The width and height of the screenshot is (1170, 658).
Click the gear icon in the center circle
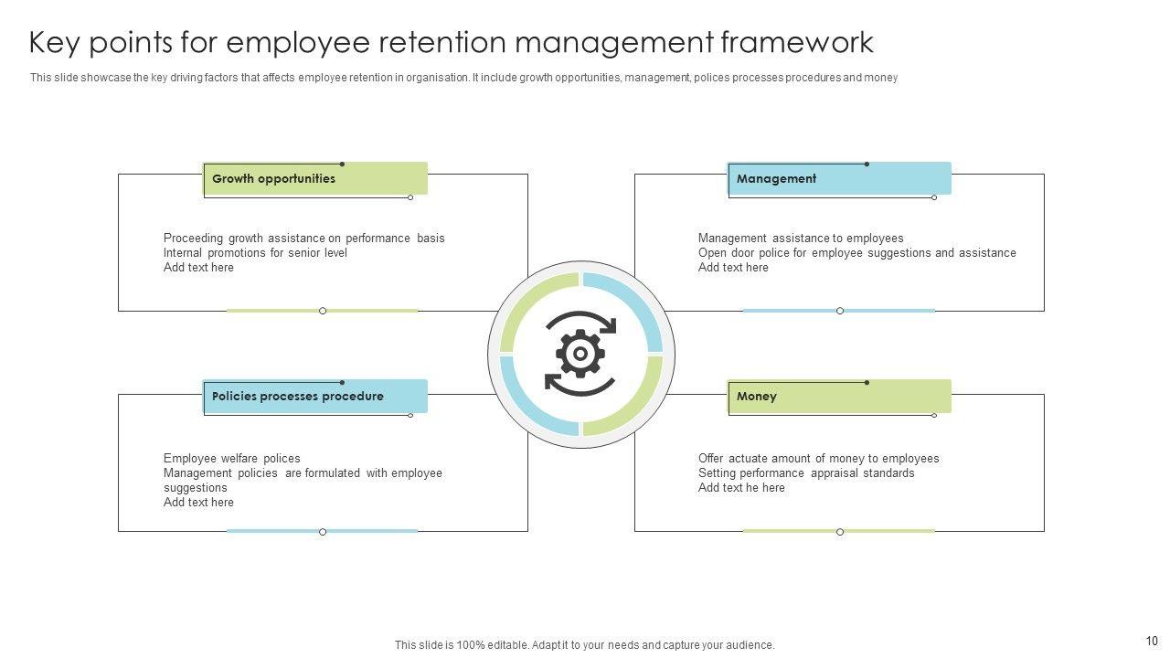coord(580,354)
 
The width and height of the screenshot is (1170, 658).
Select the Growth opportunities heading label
coord(273,179)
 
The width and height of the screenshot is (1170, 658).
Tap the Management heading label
coord(776,179)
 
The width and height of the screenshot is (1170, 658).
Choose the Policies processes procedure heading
coord(297,397)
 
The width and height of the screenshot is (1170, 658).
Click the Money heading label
coord(756,397)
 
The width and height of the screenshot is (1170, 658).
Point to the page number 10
coord(1151,641)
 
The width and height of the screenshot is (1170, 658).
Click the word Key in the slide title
coord(55,43)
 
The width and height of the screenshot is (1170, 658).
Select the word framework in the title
coord(795,43)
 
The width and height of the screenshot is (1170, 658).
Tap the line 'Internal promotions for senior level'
coord(255,253)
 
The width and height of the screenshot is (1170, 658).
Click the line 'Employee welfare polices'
coord(231,459)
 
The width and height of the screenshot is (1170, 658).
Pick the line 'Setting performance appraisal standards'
coord(806,473)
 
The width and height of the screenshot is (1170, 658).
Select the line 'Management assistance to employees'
coord(801,239)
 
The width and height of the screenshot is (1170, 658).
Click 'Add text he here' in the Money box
coord(741,488)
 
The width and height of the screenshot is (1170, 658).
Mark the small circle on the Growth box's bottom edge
coord(323,311)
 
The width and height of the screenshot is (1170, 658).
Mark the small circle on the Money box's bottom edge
coord(840,532)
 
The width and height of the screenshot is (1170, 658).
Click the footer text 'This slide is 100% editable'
coord(584,645)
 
